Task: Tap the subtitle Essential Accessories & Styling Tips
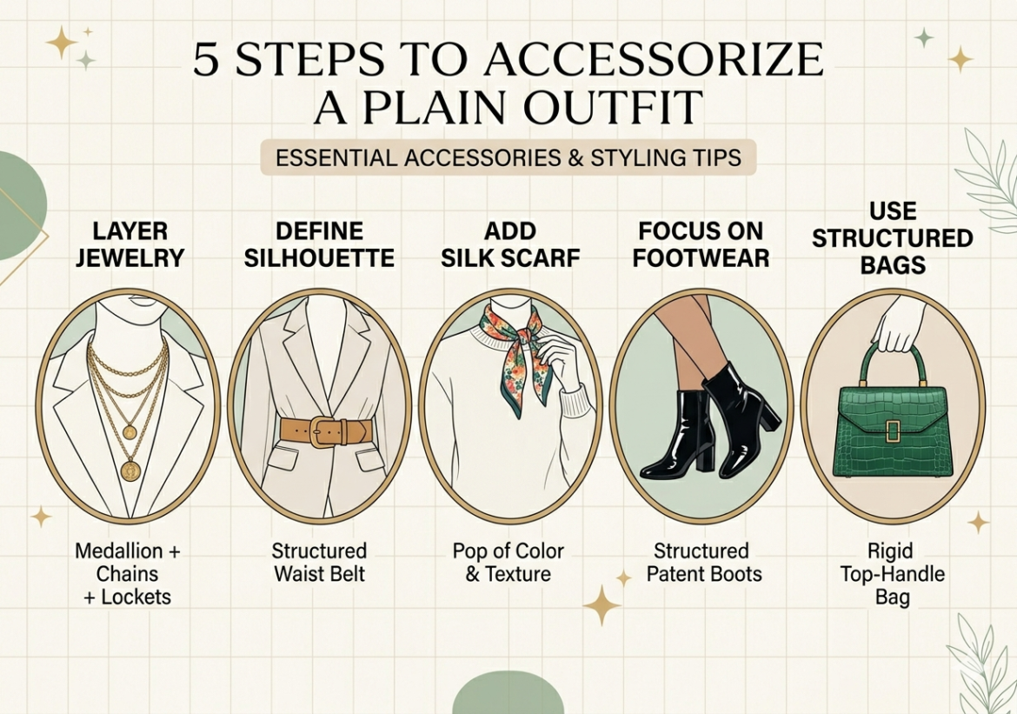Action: tap(508, 159)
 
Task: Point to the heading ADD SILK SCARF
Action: tap(511, 245)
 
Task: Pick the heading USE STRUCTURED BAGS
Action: tap(892, 238)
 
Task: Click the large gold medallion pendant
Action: tap(130, 470)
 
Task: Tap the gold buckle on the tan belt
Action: tap(323, 431)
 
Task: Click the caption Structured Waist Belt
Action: tap(319, 563)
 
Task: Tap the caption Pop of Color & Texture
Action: tap(508, 563)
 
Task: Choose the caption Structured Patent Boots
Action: tap(701, 563)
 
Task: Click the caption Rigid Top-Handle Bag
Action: tap(893, 574)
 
